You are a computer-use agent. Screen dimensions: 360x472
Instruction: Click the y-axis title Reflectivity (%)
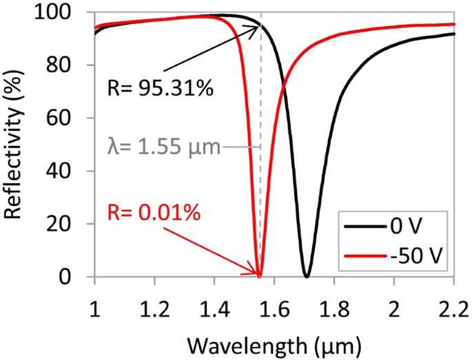point(15,145)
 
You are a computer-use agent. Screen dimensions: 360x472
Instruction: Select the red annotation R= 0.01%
point(154,213)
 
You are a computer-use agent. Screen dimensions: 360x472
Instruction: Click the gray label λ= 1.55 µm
point(164,147)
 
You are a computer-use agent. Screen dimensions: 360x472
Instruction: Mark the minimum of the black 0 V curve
point(307,277)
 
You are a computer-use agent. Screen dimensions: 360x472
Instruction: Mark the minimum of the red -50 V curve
point(259,277)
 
